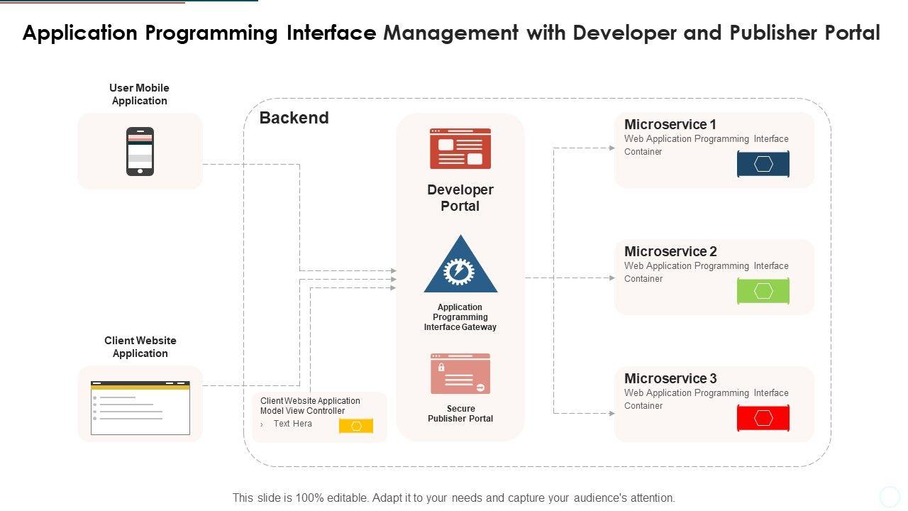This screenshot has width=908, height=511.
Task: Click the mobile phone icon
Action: [x=140, y=151]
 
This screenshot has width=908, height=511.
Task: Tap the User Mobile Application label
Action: [x=139, y=94]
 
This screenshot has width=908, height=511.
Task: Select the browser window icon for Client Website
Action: [x=140, y=407]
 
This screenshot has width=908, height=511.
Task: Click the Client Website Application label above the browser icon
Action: [x=140, y=347]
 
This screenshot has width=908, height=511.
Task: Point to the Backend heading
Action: [x=294, y=118]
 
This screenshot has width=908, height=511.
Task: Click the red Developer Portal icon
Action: [x=460, y=148]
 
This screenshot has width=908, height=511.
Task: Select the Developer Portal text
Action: [x=460, y=198]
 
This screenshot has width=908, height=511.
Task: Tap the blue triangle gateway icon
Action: [x=460, y=266]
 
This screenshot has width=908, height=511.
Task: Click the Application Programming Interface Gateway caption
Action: [x=460, y=317]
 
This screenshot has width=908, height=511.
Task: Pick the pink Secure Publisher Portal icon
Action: [x=460, y=373]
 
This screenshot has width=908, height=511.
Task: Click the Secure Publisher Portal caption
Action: [x=460, y=414]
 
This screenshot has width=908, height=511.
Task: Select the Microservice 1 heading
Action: [x=670, y=124]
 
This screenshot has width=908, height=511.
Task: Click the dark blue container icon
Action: [x=763, y=164]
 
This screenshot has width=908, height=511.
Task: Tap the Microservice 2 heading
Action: [x=670, y=251]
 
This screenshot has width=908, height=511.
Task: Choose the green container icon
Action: [x=763, y=291]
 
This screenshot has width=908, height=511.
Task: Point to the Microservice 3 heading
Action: [x=670, y=378]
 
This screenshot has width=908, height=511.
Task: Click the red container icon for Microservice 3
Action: [x=763, y=418]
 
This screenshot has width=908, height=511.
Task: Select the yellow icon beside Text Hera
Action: [x=356, y=426]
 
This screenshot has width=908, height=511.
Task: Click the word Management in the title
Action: [x=450, y=33]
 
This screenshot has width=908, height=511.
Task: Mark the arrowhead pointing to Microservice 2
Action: [x=612, y=278]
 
